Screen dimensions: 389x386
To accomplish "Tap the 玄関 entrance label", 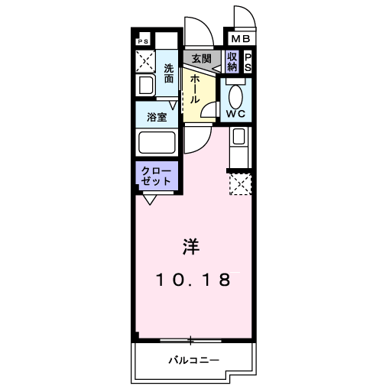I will point(201,59).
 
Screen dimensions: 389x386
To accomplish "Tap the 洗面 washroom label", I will point(169,74).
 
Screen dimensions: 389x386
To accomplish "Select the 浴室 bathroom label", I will point(157,117).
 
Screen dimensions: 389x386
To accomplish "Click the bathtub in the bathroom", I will point(156,142).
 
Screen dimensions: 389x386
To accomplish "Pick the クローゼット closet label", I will point(157,176).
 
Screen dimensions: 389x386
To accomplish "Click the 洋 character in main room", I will point(191,248).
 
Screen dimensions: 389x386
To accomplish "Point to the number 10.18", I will point(193,280).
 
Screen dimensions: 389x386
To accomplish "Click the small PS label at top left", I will point(143,42).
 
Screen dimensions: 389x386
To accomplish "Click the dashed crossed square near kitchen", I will point(240,183).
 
